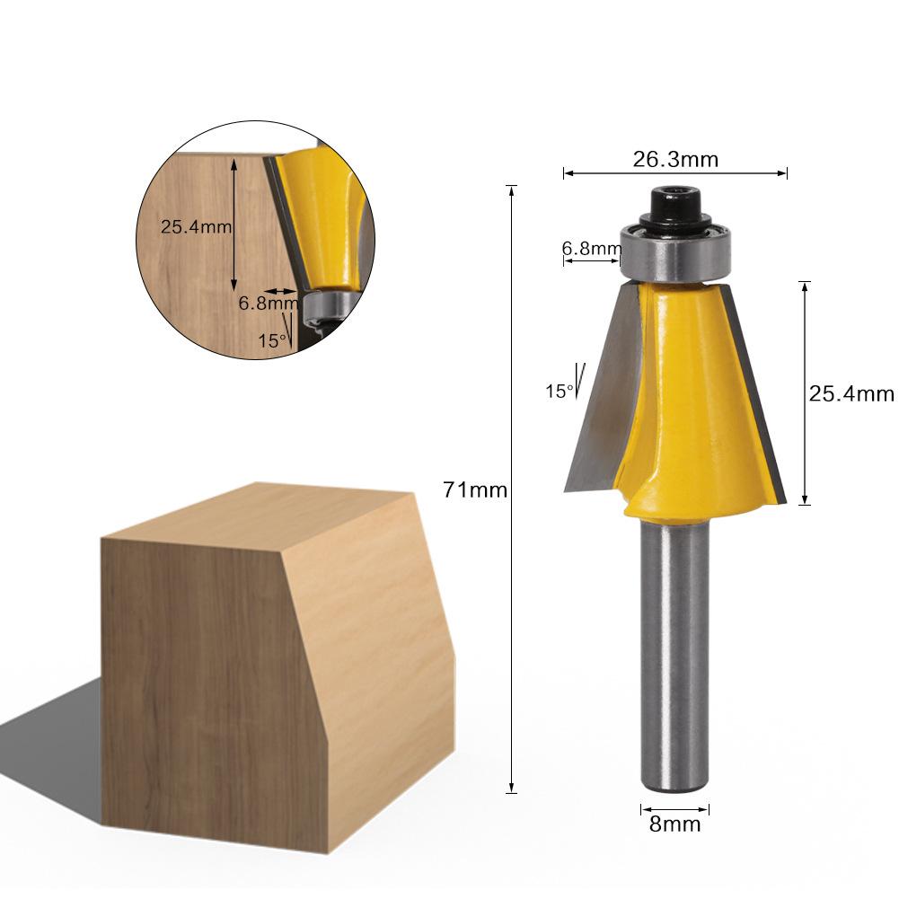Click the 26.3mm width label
675,159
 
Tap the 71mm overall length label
475,490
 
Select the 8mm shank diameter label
674,824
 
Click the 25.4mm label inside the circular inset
196,226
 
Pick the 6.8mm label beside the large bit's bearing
591,248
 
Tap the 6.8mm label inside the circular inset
267,304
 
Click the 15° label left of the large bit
558,391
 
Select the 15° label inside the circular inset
272,340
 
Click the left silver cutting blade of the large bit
604,395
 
